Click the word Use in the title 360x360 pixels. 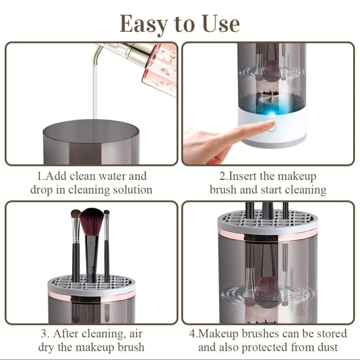[x=221, y=24]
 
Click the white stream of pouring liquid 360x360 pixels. [x=94, y=96]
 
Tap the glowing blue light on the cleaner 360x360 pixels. [x=272, y=114]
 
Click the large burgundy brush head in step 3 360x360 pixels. [x=92, y=221]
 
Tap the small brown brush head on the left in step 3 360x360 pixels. [x=76, y=213]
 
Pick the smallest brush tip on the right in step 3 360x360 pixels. [x=107, y=212]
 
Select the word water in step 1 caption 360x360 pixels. [x=112, y=176]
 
